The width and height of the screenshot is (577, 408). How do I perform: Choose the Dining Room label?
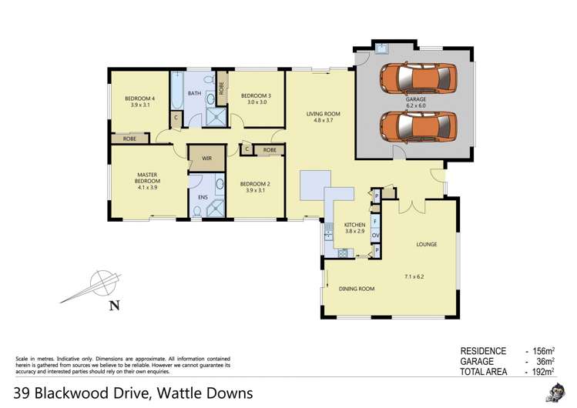tap(357, 289)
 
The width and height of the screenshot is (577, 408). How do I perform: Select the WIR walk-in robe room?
tap(206, 159)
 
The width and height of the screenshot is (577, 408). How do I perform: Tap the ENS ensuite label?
tap(203, 198)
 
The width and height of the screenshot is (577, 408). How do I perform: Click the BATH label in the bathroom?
tap(195, 94)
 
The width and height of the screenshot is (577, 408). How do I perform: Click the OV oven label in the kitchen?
tap(375, 236)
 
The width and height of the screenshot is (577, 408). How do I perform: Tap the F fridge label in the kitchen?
tap(375, 221)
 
